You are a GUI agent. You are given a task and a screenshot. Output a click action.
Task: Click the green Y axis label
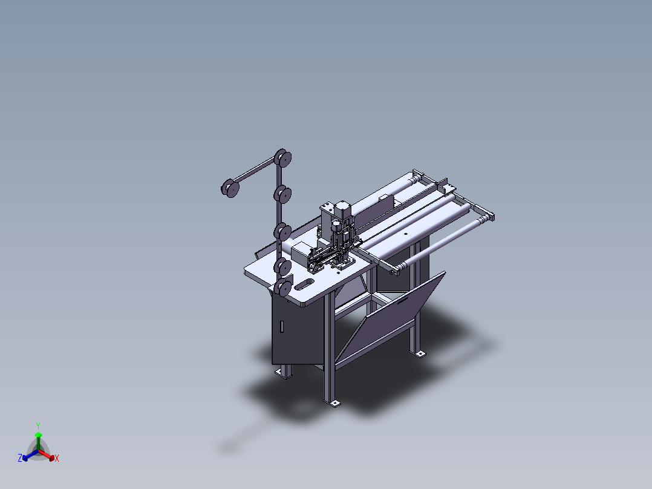tap(38, 425)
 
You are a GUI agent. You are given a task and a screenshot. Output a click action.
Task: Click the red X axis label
tap(57, 458)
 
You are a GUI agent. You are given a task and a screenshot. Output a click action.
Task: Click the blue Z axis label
tap(20, 458)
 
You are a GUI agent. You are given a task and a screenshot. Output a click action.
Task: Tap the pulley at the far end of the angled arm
tap(230, 188)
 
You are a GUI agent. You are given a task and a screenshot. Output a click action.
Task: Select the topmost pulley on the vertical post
tap(283, 158)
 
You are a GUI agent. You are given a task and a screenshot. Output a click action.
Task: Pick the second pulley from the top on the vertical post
tap(283, 194)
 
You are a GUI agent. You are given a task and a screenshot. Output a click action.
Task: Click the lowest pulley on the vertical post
tap(283, 287)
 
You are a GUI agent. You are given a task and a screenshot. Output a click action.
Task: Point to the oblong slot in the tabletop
tap(304, 284)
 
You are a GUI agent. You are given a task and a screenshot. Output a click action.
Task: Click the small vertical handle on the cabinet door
tap(281, 327)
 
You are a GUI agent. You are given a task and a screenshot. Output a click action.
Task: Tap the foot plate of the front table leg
tap(333, 403)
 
